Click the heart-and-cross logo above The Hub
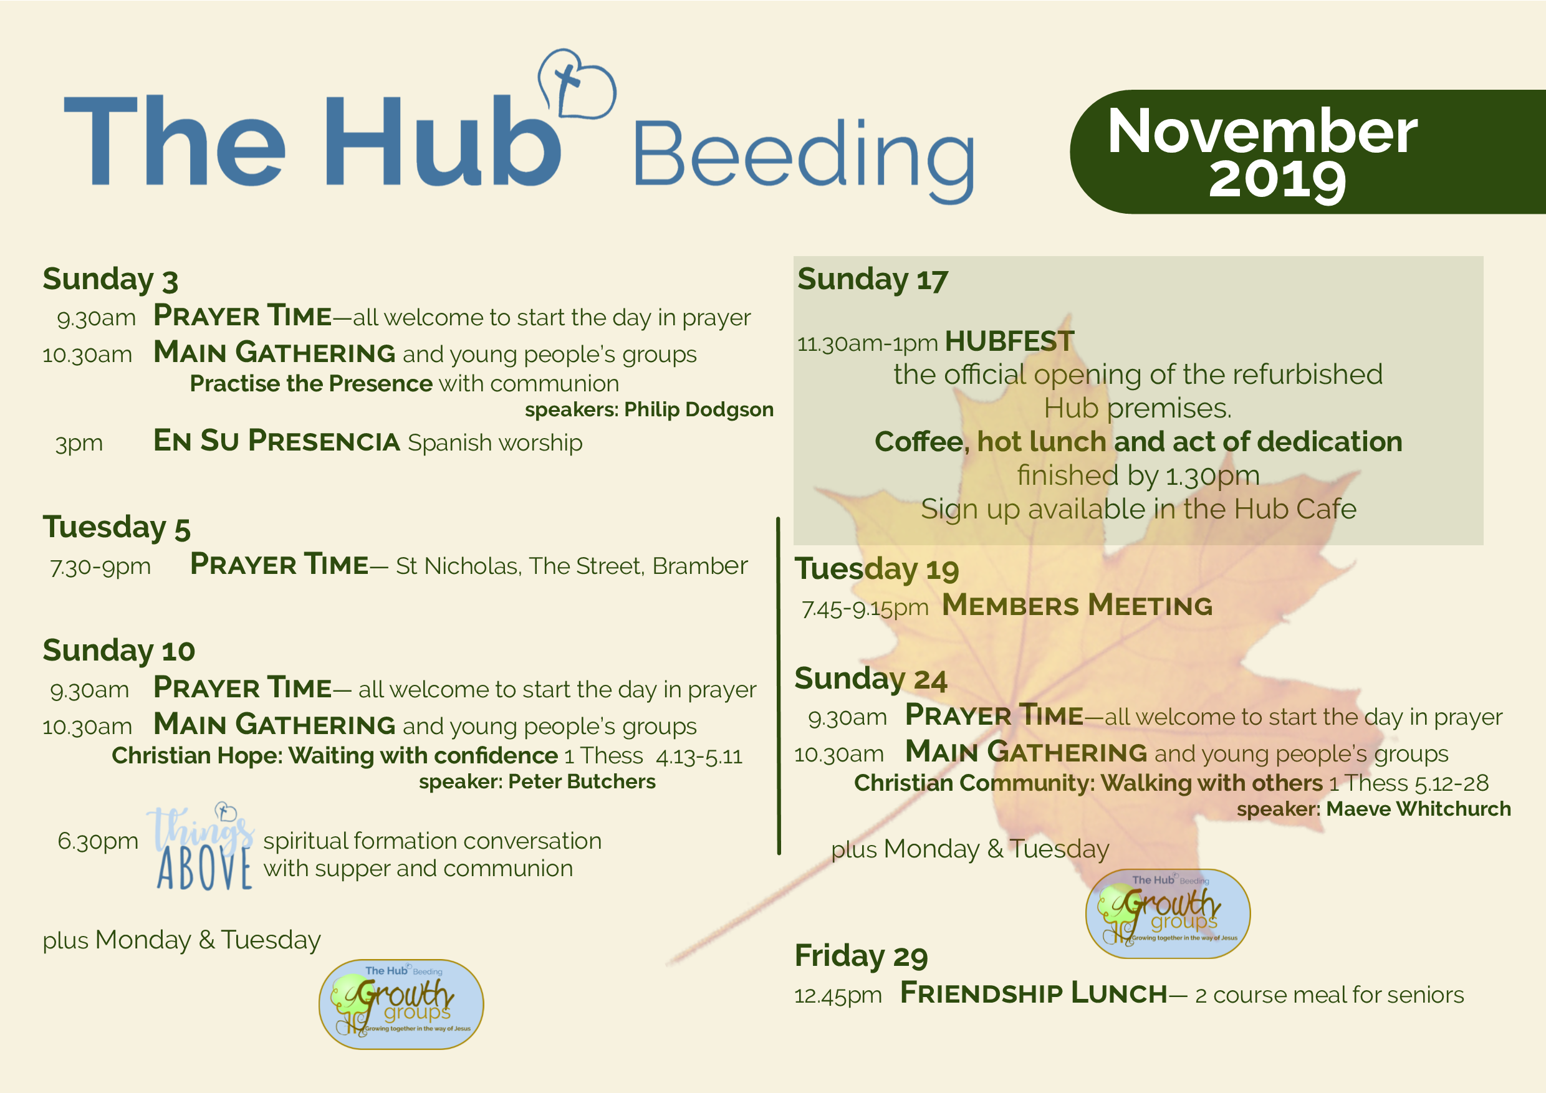(x=577, y=84)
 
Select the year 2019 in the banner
(x=1277, y=179)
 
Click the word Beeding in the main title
(x=804, y=160)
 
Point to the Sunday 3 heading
(x=110, y=279)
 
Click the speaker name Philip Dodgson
(x=698, y=409)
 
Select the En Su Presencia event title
(x=277, y=441)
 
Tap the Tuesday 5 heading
(x=117, y=527)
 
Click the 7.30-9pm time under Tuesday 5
(x=100, y=566)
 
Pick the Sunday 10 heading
(x=118, y=651)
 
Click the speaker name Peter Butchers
(x=582, y=781)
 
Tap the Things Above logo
(x=201, y=847)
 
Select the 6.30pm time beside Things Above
(x=98, y=841)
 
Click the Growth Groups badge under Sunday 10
(x=401, y=1004)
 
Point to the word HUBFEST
(x=1009, y=341)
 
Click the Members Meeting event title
(x=1077, y=605)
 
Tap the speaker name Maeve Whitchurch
(x=1418, y=808)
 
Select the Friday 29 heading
(x=861, y=957)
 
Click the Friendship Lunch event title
(x=1034, y=993)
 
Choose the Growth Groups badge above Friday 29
(x=1168, y=914)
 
